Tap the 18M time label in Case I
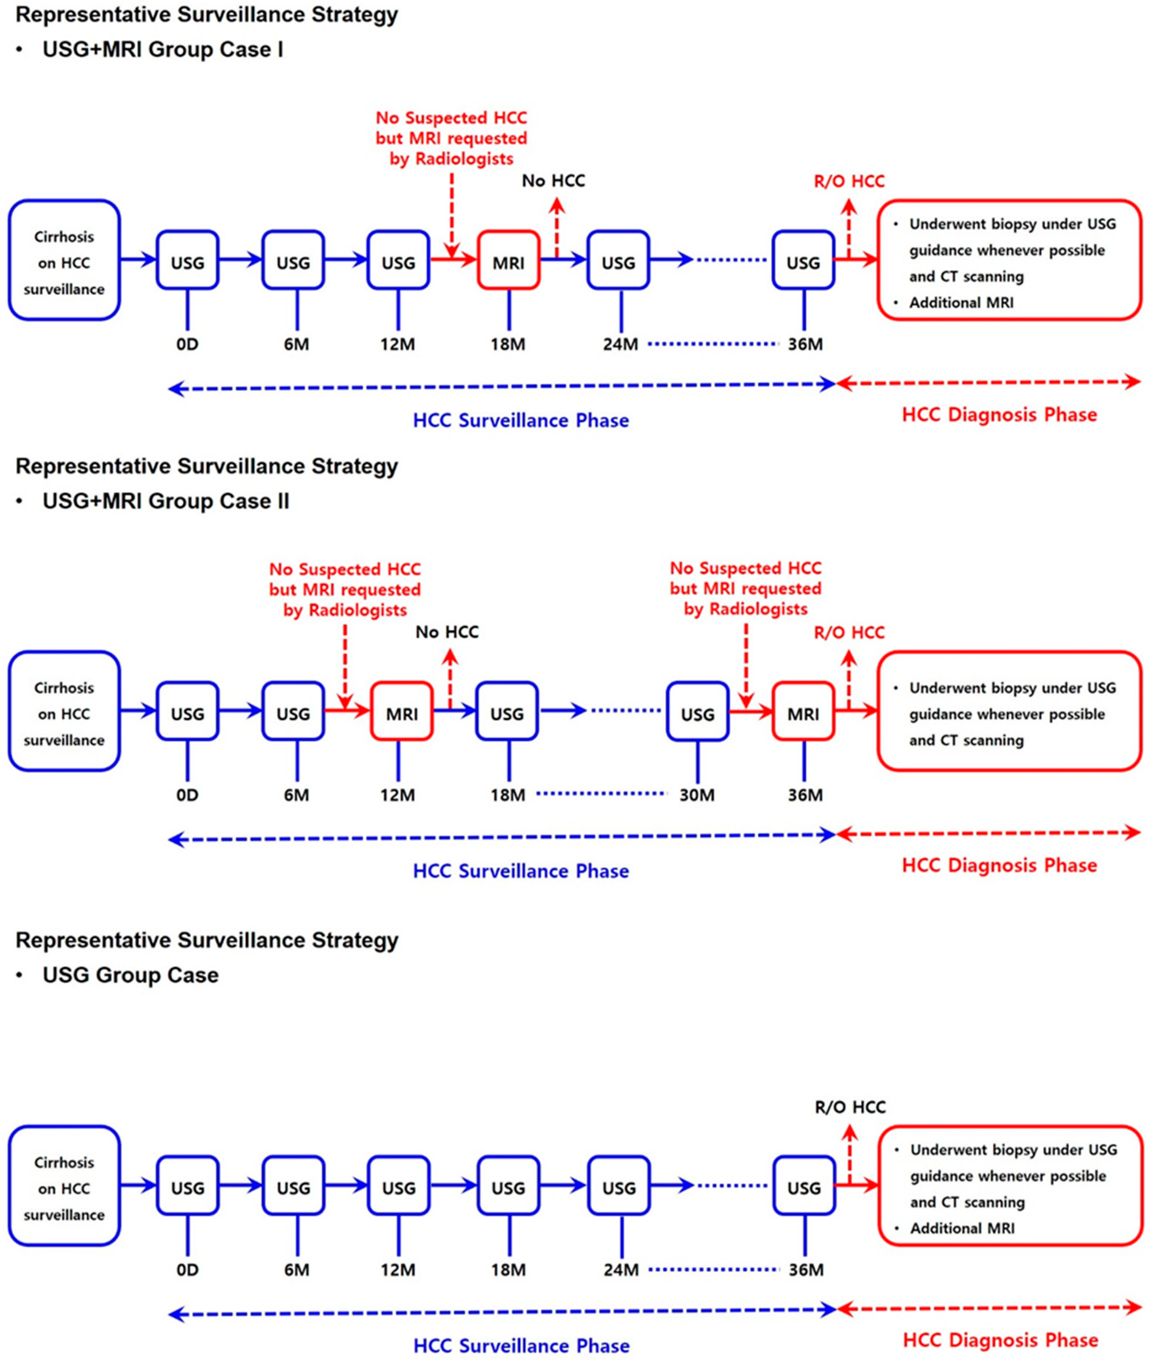pos(508,344)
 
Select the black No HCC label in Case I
pos(553,180)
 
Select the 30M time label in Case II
pos(697,795)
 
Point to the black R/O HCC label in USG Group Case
pos(850,1107)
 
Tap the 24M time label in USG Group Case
pos(620,1270)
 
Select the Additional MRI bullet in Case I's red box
pos(961,303)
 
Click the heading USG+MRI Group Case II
pos(165,501)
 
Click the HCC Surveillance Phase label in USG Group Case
pos(521,1346)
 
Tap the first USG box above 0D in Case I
pos(187,260)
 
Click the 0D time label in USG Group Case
pos(187,1270)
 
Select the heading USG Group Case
pos(130,975)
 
